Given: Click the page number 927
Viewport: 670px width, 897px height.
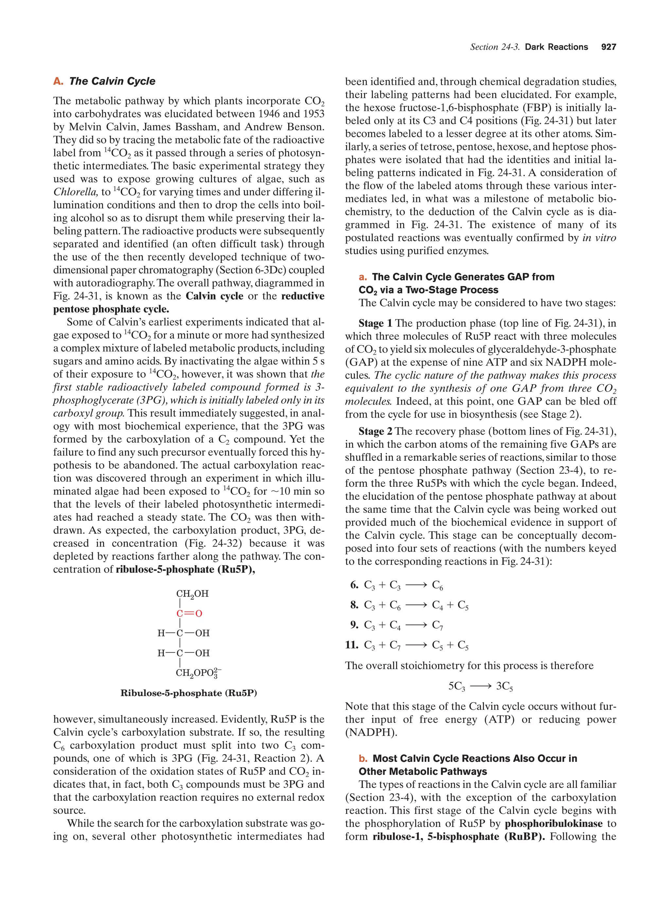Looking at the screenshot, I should click(608, 47).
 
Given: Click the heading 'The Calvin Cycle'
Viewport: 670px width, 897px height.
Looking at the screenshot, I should click(112, 81).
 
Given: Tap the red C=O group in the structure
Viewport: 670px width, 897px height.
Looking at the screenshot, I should click(188, 613).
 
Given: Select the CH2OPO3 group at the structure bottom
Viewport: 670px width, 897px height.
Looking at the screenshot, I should click(198, 673).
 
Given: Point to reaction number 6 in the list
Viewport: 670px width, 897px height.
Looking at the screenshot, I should click(354, 585).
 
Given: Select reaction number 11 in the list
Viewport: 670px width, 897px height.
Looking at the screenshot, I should click(351, 645).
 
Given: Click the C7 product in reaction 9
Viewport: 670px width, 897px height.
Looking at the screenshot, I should click(437, 625).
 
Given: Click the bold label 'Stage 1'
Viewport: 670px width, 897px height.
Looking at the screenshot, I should click(375, 323).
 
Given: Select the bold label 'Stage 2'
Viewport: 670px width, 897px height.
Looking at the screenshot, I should click(375, 431).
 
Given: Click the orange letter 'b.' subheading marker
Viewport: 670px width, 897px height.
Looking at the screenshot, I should click(363, 758).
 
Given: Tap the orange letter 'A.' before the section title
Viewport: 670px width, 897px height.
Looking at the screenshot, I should click(58, 81).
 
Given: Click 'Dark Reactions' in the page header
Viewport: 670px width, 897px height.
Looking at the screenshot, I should click(556, 47).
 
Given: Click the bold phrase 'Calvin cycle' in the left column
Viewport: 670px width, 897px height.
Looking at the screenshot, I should click(214, 296).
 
